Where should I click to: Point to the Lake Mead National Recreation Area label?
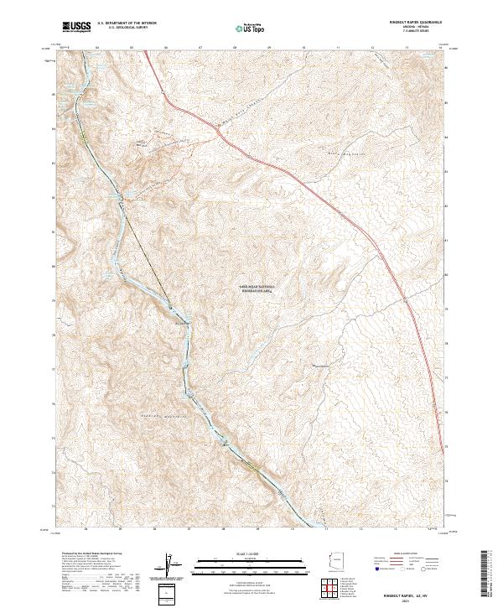[257, 287]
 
